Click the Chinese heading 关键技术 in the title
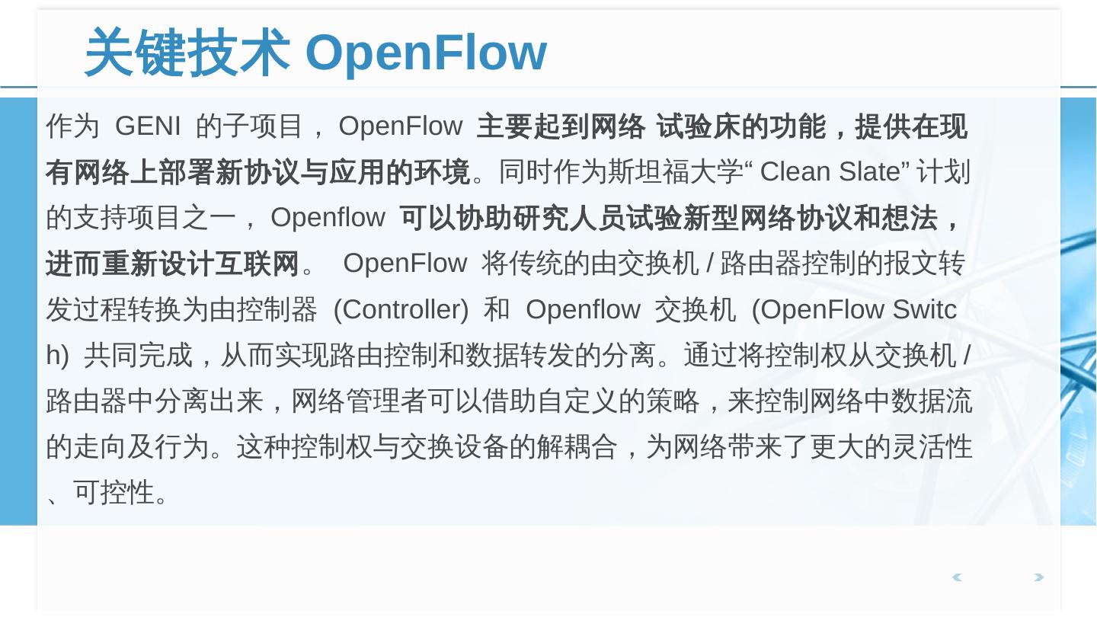tap(187, 53)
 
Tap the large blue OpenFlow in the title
tap(426, 53)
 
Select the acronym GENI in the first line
tap(147, 126)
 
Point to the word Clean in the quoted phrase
tap(795, 172)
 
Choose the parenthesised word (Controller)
tap(401, 310)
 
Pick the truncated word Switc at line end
tap(924, 310)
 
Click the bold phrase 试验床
tap(699, 126)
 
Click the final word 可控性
tap(114, 493)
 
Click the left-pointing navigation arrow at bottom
tap(957, 577)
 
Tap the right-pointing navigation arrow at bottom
tap(1038, 577)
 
